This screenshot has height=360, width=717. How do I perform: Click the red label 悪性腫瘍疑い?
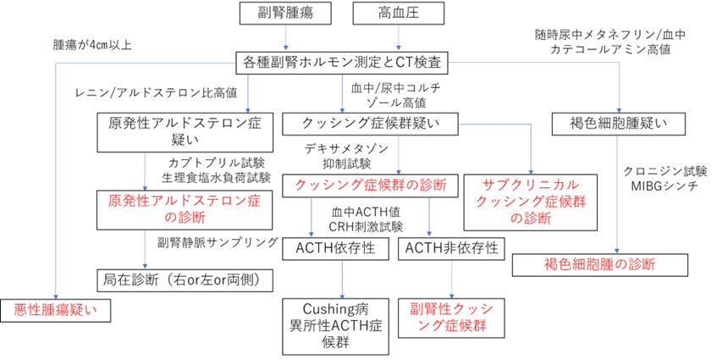pyautogui.click(x=55, y=309)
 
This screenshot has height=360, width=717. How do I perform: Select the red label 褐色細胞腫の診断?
pyautogui.click(x=599, y=263)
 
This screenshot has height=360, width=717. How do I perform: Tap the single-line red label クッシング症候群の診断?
pyautogui.click(x=370, y=185)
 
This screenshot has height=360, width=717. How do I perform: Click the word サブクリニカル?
pyautogui.click(x=531, y=185)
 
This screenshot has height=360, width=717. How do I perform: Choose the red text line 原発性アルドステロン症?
pyautogui.click(x=185, y=201)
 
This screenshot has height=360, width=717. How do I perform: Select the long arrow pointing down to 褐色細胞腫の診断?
pyautogui.click(x=616, y=195)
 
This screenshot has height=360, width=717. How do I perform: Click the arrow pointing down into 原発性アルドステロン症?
pyautogui.click(x=145, y=172)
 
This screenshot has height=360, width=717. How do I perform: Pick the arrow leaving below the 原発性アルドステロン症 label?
pyautogui.click(x=145, y=249)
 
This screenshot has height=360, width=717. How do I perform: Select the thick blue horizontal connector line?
pyautogui.click(x=533, y=63)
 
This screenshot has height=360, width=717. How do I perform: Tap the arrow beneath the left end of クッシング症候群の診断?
pyautogui.click(x=311, y=218)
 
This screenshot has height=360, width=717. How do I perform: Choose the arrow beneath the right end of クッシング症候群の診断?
pyautogui.click(x=429, y=218)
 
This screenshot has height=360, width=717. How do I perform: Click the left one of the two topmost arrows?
pyautogui.click(x=285, y=38)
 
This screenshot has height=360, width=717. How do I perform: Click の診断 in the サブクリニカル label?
pyautogui.click(x=531, y=218)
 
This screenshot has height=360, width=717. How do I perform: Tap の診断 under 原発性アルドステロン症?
pyautogui.click(x=185, y=217)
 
